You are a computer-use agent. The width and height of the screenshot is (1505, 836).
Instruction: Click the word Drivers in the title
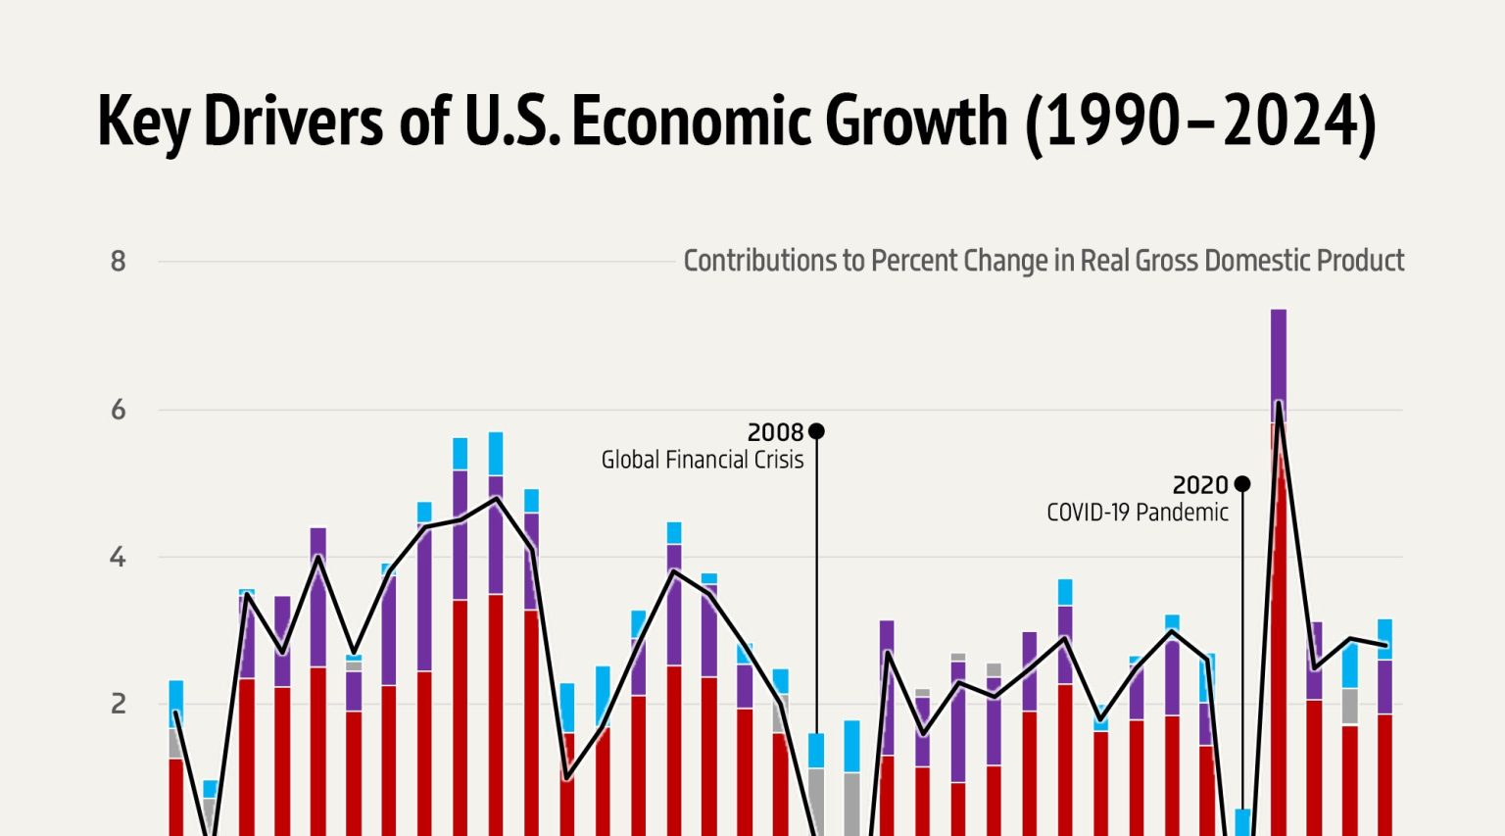tap(293, 122)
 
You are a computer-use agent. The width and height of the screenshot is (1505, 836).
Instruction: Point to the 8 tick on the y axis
tap(119, 262)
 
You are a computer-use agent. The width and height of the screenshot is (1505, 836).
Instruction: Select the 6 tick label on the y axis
tap(119, 410)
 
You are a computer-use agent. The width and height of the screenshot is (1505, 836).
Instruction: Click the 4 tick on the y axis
tap(119, 558)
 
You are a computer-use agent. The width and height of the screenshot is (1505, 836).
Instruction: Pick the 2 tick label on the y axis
tap(119, 704)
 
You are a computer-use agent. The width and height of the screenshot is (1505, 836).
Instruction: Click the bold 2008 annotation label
tap(775, 432)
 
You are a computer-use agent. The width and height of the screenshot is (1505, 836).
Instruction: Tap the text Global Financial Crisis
tap(702, 460)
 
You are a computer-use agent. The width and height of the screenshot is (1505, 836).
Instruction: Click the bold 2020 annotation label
tap(1200, 485)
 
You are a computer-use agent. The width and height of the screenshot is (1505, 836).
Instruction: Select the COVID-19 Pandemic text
tap(1137, 513)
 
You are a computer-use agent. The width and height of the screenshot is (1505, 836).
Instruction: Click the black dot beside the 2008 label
tap(816, 431)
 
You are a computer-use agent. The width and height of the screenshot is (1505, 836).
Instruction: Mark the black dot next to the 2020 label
tap(1242, 484)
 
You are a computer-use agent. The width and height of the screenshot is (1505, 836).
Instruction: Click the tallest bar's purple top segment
tap(1279, 363)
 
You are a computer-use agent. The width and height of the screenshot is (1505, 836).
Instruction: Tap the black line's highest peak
tap(1279, 403)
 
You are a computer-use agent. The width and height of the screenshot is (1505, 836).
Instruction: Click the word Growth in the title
tap(916, 122)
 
